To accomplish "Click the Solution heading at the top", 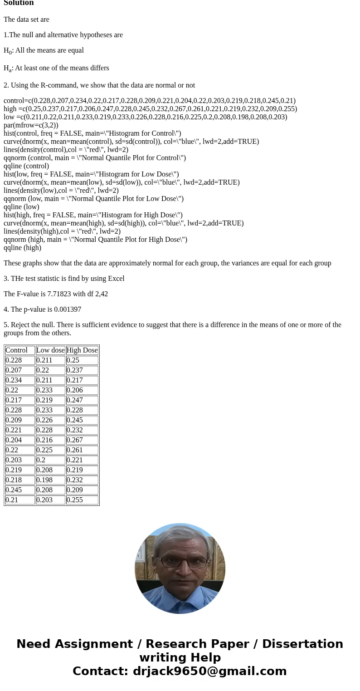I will (19, 3).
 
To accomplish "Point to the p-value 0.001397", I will (68, 309).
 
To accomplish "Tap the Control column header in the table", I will (17, 350).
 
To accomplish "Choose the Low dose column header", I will (50, 350).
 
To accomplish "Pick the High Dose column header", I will (82, 350).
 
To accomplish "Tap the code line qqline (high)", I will (22, 248).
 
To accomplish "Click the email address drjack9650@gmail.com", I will (209, 671).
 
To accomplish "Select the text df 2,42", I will (98, 294).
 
